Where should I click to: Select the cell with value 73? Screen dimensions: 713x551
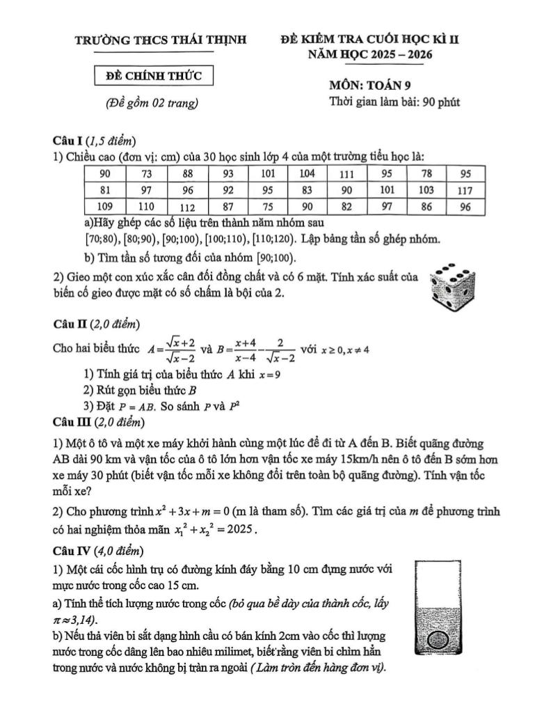click(x=147, y=173)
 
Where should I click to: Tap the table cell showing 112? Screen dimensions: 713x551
click(x=188, y=207)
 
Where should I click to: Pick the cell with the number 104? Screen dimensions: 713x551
click(x=308, y=173)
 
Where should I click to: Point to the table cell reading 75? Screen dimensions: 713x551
click(x=268, y=207)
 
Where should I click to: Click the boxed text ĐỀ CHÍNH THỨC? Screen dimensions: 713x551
click(x=154, y=75)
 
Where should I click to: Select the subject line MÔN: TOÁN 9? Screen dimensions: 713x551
click(x=376, y=86)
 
